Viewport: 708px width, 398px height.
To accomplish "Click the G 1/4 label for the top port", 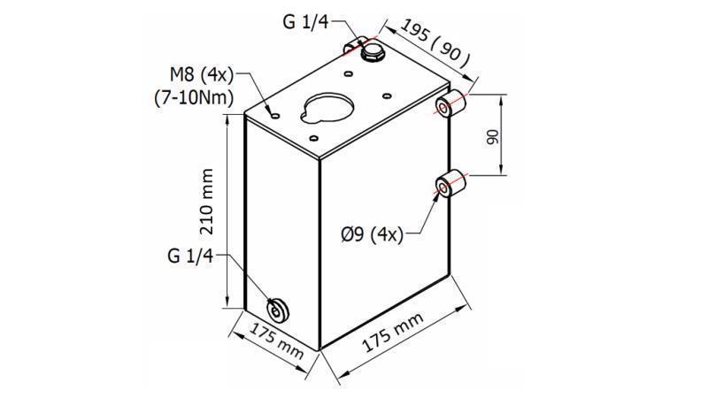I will pos(306,22).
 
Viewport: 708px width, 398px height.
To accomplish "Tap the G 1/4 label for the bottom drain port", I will pos(190,256).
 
